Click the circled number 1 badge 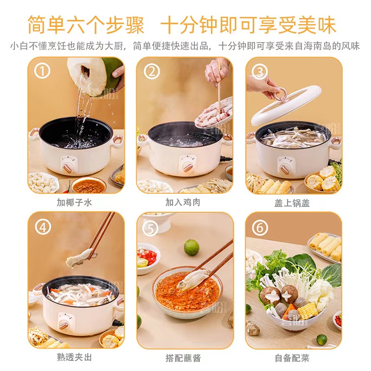click(42, 71)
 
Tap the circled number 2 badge click(152, 71)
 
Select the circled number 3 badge click(260, 71)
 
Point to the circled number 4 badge click(43, 227)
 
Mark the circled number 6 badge click(260, 228)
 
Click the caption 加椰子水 click(74, 203)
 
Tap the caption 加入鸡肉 click(183, 203)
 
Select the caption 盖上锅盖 click(292, 203)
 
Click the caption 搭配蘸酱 click(183, 358)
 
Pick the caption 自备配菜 click(292, 358)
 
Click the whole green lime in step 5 click(192, 248)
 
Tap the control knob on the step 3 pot click(285, 168)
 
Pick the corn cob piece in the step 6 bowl click(307, 311)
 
